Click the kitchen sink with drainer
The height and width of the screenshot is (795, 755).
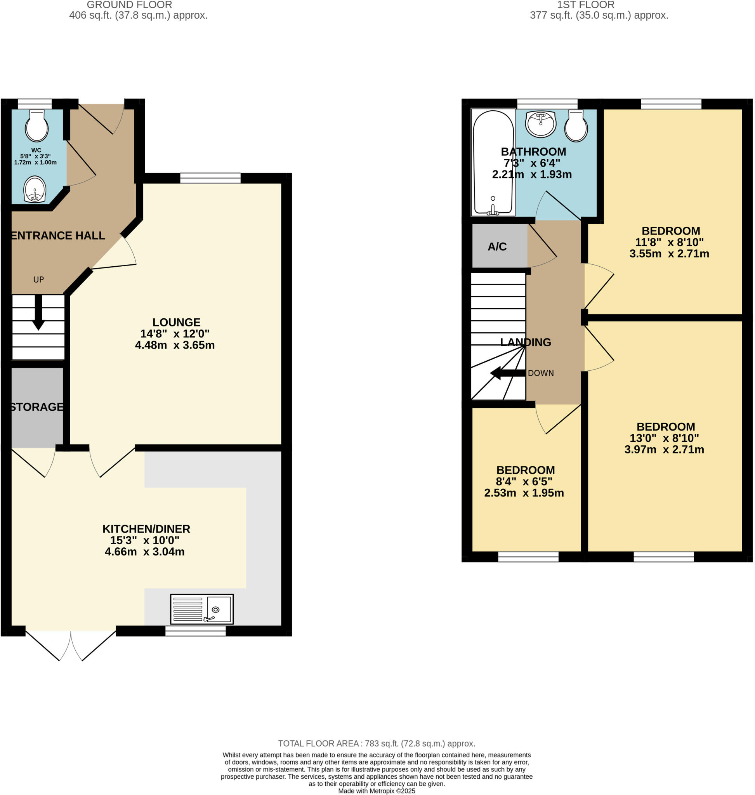(x=201, y=609)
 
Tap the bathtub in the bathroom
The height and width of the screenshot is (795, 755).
(x=493, y=162)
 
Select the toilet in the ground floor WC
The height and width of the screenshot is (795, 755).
(x=36, y=126)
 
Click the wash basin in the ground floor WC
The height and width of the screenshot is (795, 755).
(x=35, y=189)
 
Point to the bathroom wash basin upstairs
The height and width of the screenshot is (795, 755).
(x=541, y=123)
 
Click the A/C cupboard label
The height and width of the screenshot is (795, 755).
(x=497, y=247)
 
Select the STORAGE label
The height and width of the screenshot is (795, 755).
(x=36, y=407)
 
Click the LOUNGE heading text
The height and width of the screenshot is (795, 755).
(x=176, y=323)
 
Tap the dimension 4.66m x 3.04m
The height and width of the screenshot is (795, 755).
(x=144, y=552)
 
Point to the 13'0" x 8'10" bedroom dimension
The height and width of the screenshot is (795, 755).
(x=664, y=438)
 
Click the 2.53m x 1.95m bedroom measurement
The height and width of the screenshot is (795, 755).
(x=524, y=493)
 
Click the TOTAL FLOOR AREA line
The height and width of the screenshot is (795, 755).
(x=376, y=743)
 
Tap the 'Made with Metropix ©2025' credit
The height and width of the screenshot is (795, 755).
(x=376, y=791)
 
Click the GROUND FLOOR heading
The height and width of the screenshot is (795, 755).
(x=129, y=5)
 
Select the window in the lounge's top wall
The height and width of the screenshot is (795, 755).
(x=210, y=178)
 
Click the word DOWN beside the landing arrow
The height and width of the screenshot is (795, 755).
(x=540, y=373)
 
